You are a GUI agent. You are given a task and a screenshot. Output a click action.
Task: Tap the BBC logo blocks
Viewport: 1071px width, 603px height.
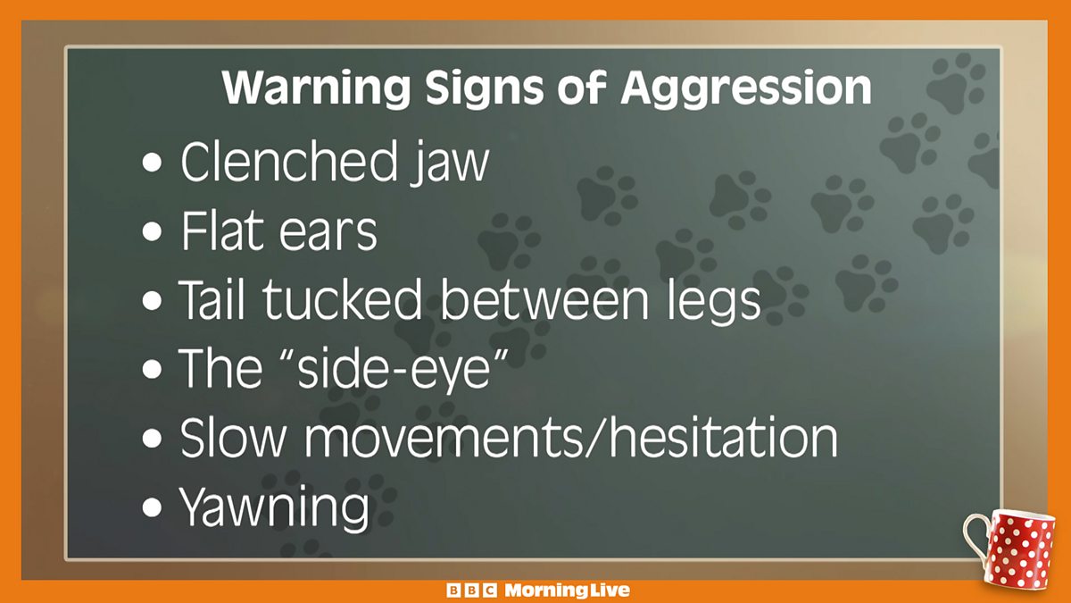click(x=471, y=590)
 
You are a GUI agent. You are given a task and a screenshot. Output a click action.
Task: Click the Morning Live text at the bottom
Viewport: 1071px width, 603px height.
click(x=567, y=590)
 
